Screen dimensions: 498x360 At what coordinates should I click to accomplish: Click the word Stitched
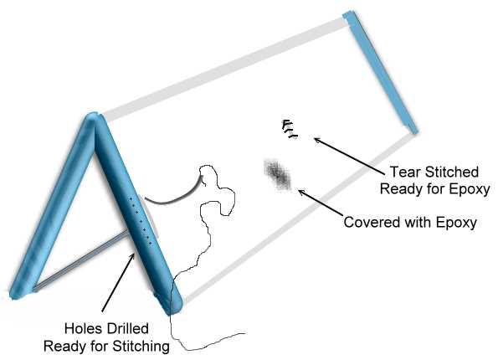452,172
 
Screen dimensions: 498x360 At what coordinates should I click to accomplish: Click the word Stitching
141,347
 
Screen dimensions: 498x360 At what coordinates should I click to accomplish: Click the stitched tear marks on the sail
290,129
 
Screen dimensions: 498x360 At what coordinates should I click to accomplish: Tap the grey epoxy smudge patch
278,175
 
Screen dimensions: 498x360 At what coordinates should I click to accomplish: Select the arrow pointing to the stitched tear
349,156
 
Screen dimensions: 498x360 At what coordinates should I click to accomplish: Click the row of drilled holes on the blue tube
140,221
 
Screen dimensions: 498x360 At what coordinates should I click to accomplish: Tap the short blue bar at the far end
381,72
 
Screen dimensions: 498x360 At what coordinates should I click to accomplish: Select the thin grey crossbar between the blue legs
81,260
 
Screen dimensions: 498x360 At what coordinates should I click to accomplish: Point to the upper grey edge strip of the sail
223,69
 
